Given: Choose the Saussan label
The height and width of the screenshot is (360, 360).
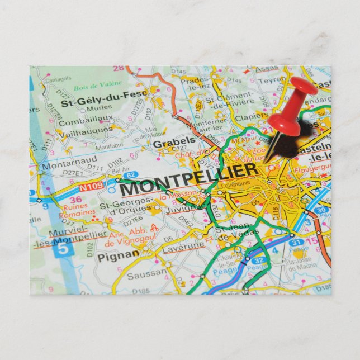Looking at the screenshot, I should (146, 274).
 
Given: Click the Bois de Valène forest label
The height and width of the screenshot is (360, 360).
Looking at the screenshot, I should (97, 84).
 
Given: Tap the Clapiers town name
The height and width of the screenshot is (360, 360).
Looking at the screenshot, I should (251, 117).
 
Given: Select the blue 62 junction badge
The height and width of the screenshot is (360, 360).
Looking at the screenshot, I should (130, 175).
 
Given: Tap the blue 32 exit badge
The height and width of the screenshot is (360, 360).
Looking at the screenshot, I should (257, 260).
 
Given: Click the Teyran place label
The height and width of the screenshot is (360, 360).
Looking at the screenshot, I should (272, 80).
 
